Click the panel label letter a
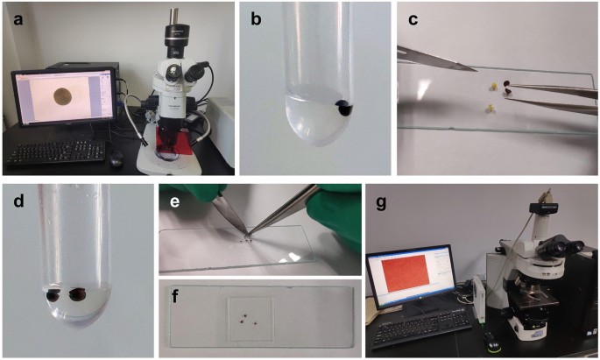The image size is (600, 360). (18, 19)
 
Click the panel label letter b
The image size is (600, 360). (256, 18)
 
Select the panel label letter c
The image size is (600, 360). (413, 19)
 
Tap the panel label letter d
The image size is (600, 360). (18, 200)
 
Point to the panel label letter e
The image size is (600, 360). (174, 201)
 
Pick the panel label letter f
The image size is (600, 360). (176, 296)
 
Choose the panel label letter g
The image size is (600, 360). (381, 204)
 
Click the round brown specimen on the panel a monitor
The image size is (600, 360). (62, 95)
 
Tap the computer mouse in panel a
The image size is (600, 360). (116, 159)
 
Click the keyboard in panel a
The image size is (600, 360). (56, 152)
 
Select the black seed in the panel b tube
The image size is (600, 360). (345, 108)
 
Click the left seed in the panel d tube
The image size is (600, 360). (52, 295)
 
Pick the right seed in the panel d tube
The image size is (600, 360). (79, 294)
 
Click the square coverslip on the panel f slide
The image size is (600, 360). (251, 319)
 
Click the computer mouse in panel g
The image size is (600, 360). (490, 342)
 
